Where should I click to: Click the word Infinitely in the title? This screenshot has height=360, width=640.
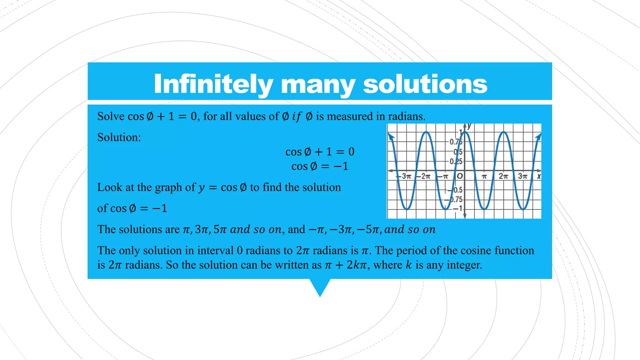pos(213,84)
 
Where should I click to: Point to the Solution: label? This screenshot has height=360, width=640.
pos(119,137)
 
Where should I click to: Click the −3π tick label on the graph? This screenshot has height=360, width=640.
pos(405,176)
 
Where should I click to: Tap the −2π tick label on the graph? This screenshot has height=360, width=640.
pos(425,176)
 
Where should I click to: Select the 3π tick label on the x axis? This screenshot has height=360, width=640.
pos(522,176)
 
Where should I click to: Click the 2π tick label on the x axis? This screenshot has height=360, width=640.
pos(503,176)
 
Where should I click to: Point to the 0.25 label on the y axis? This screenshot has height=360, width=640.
pos(456,162)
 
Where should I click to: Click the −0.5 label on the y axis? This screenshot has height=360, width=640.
pos(456,190)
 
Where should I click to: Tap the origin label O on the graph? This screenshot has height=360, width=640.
pos(460,176)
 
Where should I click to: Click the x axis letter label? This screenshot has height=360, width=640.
pos(539,177)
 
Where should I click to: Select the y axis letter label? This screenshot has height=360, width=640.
pos(469,127)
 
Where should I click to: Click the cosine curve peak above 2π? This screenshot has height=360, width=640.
pos(503,132)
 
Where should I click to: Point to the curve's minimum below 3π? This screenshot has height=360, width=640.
pos(523,209)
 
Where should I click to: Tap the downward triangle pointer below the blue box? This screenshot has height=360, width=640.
pos(320,287)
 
